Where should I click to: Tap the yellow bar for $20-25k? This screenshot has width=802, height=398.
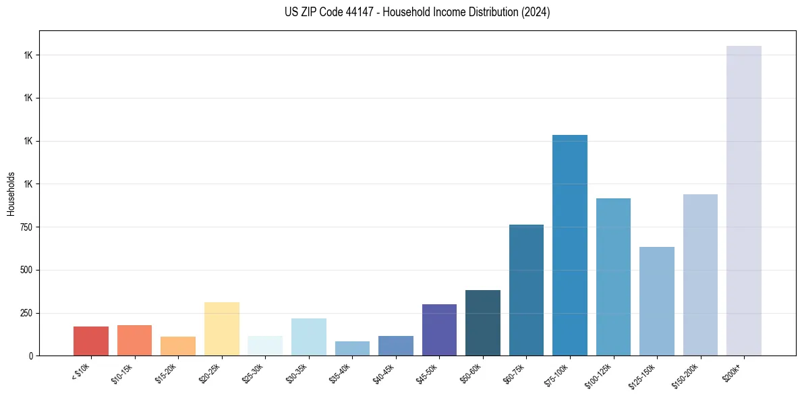coord(221,329)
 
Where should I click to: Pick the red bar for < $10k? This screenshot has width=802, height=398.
coord(91,341)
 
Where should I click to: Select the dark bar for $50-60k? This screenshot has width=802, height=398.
coord(482,322)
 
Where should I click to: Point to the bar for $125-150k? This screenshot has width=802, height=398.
coord(656,301)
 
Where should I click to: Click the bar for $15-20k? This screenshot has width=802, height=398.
coord(178,345)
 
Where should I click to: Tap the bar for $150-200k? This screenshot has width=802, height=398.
coord(700,275)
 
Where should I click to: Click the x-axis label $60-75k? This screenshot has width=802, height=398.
coord(518,372)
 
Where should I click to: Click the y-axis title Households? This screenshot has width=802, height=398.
coord(11,194)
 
